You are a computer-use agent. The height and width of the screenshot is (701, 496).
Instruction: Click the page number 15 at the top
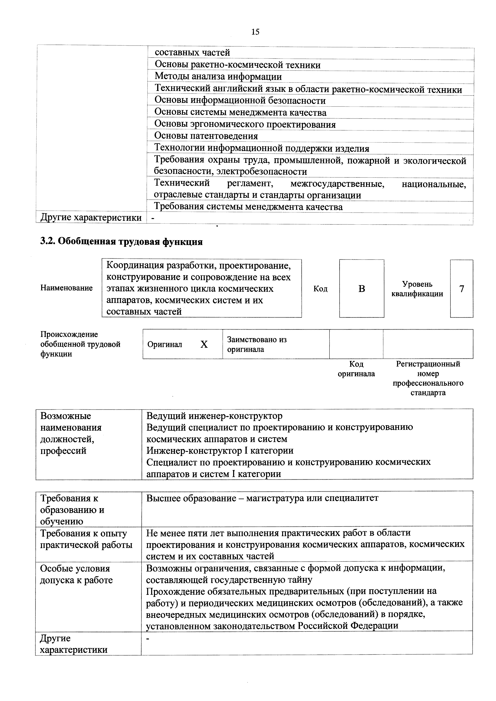click(255, 32)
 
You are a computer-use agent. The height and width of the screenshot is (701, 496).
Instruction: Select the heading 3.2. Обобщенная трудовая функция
click(122, 242)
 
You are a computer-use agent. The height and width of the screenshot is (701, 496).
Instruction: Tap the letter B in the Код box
click(362, 289)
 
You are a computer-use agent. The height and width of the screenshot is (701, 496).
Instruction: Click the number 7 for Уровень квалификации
click(461, 289)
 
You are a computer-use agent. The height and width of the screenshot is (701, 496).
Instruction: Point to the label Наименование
click(66, 288)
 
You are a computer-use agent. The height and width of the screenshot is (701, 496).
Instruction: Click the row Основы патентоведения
click(206, 136)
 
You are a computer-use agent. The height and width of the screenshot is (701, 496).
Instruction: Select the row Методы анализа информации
click(218, 77)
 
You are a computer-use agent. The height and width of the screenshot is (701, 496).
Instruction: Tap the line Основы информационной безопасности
click(240, 101)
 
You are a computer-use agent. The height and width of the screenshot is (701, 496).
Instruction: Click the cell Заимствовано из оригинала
click(257, 344)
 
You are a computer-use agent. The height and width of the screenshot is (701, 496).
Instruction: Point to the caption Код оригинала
click(356, 369)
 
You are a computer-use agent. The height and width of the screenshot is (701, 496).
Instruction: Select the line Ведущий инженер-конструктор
click(214, 416)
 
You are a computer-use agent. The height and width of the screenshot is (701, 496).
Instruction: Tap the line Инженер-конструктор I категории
click(220, 451)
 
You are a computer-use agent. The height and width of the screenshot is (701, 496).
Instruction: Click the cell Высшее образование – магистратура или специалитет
click(262, 498)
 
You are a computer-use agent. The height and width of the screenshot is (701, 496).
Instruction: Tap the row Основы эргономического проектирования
click(245, 124)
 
